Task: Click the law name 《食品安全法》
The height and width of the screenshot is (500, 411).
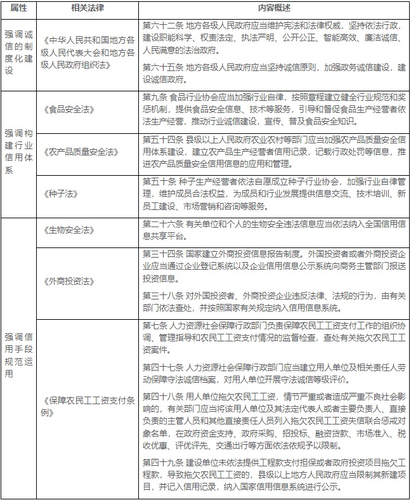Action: (x=70, y=109)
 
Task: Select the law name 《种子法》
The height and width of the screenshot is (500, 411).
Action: (x=62, y=192)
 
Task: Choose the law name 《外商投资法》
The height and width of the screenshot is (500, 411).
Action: (x=70, y=280)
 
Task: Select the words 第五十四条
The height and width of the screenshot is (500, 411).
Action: (x=161, y=139)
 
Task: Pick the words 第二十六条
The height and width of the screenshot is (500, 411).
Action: (x=161, y=224)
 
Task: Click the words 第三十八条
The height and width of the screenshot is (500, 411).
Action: (x=161, y=294)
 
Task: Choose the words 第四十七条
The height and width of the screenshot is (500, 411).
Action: (x=161, y=367)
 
